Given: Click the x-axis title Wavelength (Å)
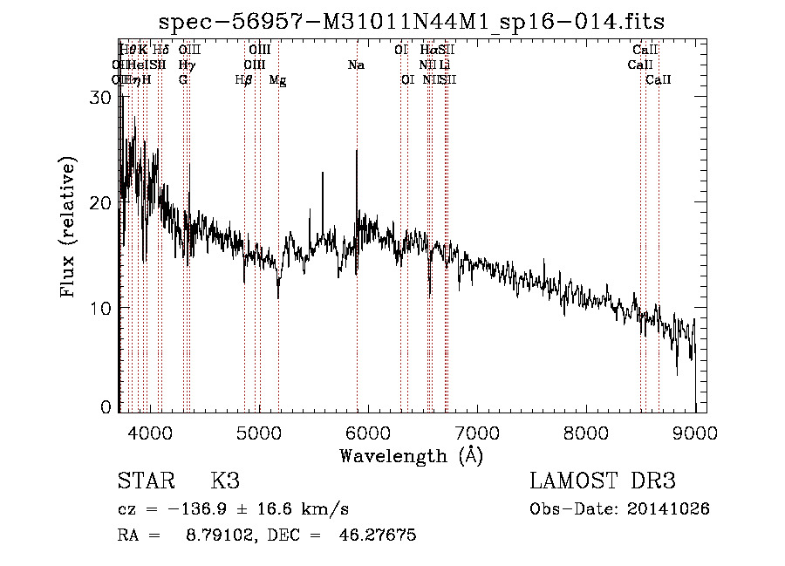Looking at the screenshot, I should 411,455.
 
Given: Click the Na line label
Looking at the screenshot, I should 356,65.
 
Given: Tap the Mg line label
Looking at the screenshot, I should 277,80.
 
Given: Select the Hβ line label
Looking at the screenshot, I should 244,80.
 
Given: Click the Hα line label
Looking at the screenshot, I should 427,51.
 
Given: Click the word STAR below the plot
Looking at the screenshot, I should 144,481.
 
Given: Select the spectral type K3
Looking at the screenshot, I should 225,481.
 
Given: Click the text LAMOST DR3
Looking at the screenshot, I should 602,481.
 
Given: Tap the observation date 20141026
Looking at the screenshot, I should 671,508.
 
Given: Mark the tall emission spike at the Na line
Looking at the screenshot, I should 357,153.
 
